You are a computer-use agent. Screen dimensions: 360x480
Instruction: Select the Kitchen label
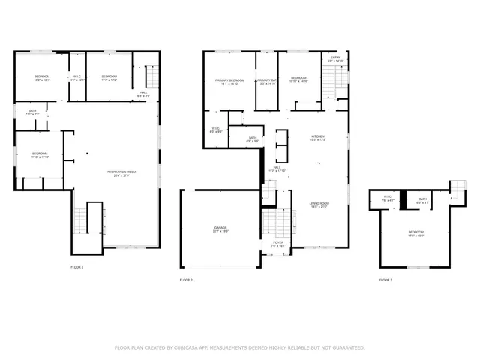(318, 137)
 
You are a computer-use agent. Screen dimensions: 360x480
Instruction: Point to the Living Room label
(320, 203)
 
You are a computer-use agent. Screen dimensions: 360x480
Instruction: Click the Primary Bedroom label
(229, 80)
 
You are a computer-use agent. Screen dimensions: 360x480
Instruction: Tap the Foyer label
(277, 243)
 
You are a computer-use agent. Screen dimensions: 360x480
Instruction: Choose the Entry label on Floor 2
(335, 58)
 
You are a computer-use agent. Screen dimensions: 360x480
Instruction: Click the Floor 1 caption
(77, 267)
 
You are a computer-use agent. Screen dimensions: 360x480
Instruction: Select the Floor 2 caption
(187, 280)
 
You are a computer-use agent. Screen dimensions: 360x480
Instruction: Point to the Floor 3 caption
(385, 280)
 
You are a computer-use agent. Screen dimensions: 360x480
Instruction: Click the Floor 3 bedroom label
(415, 232)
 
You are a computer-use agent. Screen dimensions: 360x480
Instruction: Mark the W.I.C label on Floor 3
(388, 199)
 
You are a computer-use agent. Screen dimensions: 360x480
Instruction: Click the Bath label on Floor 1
(31, 112)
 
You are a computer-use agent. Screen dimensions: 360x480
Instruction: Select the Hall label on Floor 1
(142, 93)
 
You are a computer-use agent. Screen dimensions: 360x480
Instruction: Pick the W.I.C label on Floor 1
(76, 77)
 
